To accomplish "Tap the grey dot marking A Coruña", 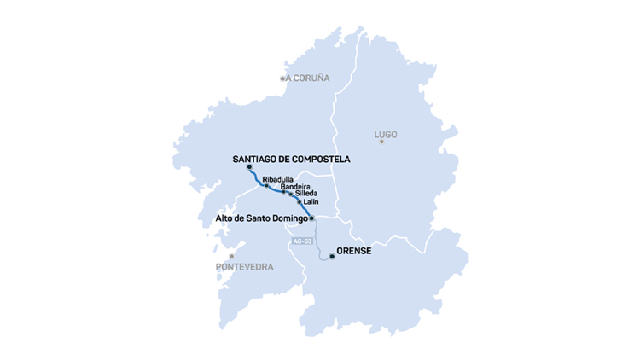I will point(283,78).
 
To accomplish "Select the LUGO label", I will point(386,135).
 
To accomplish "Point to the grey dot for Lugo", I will point(381,142).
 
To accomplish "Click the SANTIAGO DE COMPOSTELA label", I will point(291,159).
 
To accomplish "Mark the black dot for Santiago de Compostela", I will point(249,167).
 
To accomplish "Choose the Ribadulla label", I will point(277,178).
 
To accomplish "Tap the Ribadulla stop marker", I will point(266,185).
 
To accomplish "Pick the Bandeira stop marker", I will point(283,191).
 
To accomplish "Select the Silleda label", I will point(306,194).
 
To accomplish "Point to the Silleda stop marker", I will point(291,195).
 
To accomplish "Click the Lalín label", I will point(311,202).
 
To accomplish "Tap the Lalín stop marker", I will point(300,202).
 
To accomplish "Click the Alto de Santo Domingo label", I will point(261,218).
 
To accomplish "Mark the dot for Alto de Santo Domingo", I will point(312,218).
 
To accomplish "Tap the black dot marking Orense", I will point(331,256).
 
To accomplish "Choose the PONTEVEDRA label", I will point(245,267).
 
